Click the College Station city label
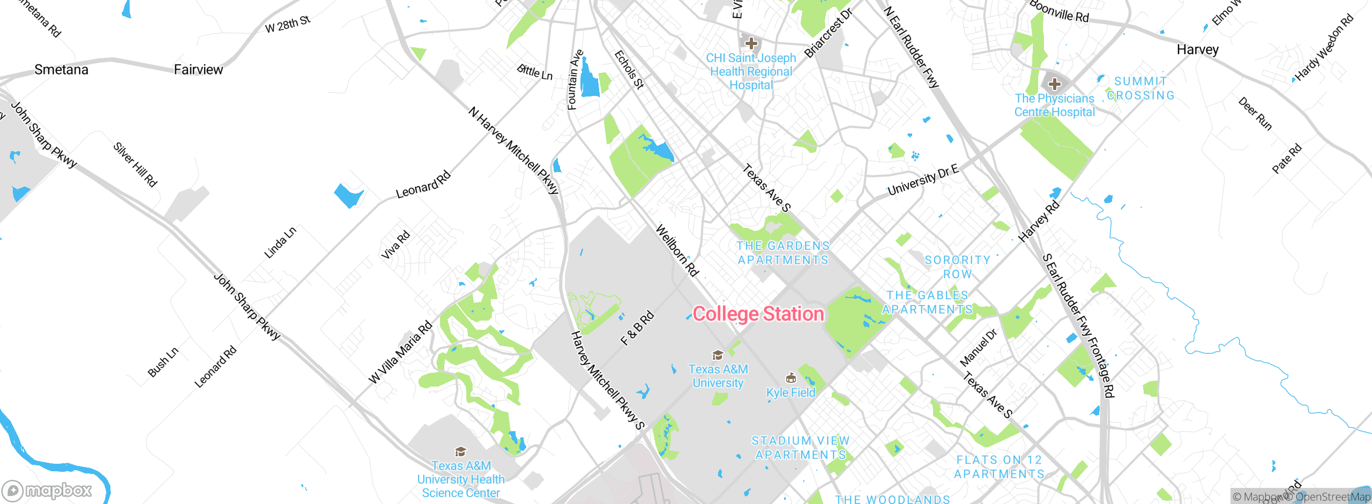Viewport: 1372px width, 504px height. click(x=758, y=314)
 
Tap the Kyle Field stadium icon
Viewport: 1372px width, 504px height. click(x=791, y=379)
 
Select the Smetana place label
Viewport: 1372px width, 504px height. click(x=61, y=70)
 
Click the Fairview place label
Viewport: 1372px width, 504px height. click(x=198, y=70)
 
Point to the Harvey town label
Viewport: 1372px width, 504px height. click(x=1197, y=50)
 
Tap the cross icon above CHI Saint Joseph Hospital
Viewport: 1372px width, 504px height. click(x=751, y=43)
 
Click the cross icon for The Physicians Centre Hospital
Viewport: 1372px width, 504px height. click(x=1054, y=84)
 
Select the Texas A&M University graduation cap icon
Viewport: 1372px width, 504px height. click(x=718, y=355)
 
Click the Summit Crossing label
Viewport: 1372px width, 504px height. click(x=1140, y=88)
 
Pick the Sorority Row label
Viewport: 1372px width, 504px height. click(x=957, y=267)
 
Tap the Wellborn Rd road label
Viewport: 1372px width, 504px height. click(x=677, y=251)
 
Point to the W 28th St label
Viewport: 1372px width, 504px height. click(x=288, y=24)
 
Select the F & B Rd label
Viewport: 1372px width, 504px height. click(x=637, y=328)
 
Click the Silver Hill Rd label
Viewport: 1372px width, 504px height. click(x=135, y=165)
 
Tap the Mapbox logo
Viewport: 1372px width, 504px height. click(x=47, y=490)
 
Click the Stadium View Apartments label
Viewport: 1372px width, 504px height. click(x=800, y=448)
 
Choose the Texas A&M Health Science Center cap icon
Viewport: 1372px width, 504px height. click(x=460, y=451)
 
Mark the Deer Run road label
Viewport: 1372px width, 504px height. click(x=1255, y=114)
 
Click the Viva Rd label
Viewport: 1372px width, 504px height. click(x=396, y=245)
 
